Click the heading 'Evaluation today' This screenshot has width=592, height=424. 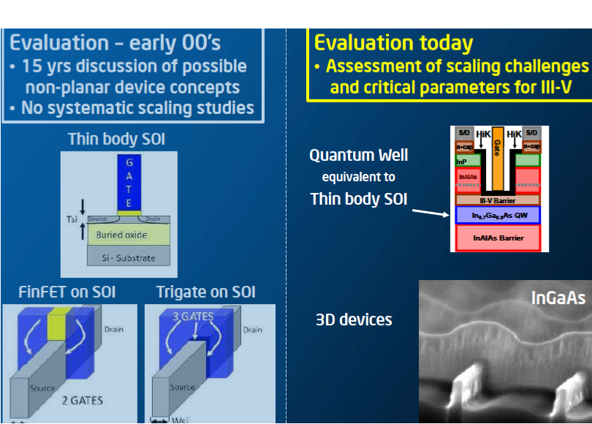(393, 42)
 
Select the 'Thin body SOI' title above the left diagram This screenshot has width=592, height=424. (113, 139)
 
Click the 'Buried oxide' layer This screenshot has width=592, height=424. (121, 235)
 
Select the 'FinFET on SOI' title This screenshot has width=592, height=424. (67, 292)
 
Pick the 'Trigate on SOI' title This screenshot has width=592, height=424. (205, 292)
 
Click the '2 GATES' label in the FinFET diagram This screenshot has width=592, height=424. (82, 400)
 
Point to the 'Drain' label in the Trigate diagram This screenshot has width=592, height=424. (253, 330)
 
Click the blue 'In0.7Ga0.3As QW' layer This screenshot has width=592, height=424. (497, 215)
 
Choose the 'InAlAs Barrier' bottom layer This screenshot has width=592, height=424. (497, 238)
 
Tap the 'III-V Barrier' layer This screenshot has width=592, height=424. (497, 200)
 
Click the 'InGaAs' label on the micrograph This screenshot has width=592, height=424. (558, 298)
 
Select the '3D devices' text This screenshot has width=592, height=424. (354, 319)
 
